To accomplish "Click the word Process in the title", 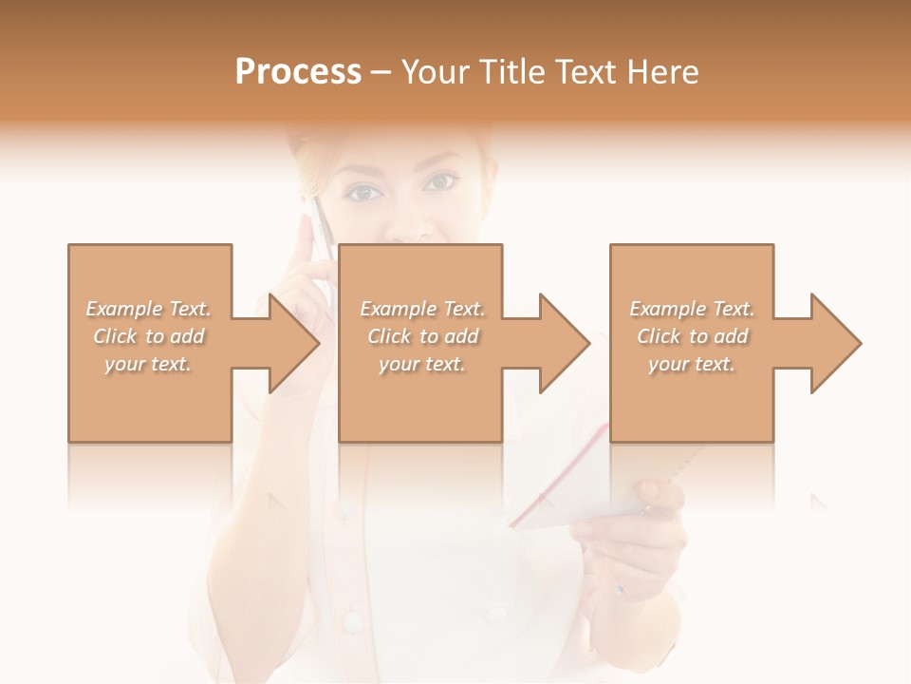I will [x=298, y=72].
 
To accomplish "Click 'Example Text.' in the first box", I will [x=149, y=309].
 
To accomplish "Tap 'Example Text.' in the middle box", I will [x=422, y=309].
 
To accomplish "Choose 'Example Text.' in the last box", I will [x=692, y=309].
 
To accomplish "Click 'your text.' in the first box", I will [x=148, y=364].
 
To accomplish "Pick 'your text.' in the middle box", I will [x=421, y=364].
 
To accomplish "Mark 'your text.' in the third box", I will [x=692, y=364].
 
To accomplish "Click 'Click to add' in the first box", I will [x=149, y=336].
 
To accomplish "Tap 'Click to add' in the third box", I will [x=692, y=336].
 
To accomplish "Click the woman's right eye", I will [x=363, y=193].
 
